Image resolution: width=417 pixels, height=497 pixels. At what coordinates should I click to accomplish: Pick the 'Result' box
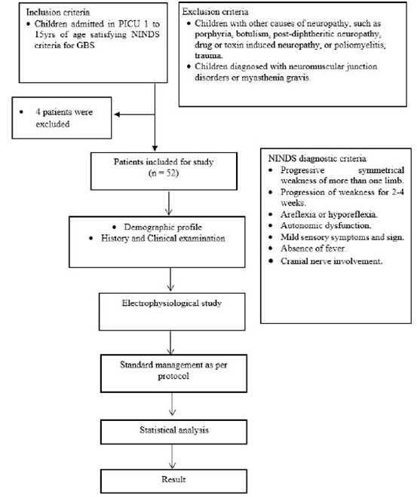(x=174, y=478)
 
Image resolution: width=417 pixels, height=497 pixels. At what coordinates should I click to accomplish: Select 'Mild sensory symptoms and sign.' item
(x=330, y=237)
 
